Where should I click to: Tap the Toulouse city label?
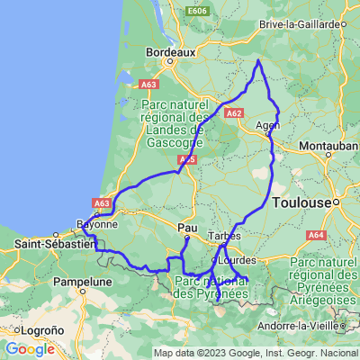[x=304, y=203]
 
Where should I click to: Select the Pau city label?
[x=187, y=227]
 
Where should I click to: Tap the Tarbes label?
[x=222, y=236]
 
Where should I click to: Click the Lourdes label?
[x=237, y=260]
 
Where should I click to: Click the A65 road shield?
[x=187, y=160]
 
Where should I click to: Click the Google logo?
[x=29, y=349]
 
